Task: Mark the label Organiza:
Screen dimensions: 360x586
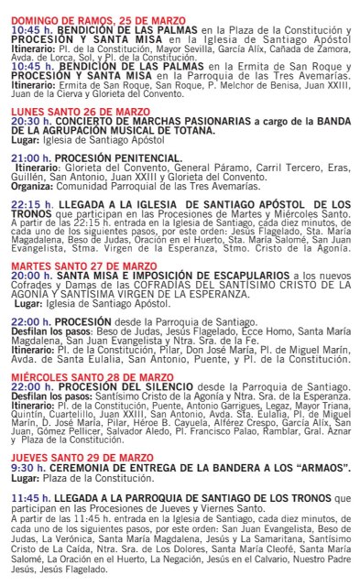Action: coord(34,183)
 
